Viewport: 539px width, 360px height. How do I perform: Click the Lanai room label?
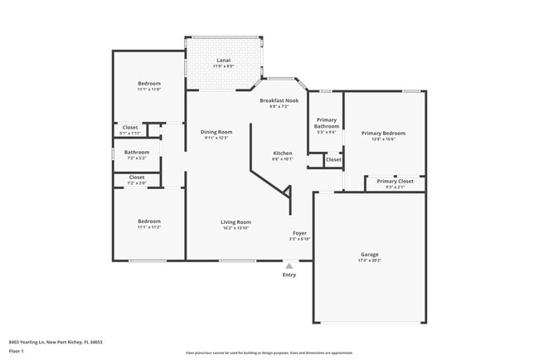point(223,61)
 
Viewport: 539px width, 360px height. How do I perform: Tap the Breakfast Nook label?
point(279,100)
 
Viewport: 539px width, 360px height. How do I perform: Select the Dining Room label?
point(216,132)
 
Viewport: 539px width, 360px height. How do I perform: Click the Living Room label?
point(236,221)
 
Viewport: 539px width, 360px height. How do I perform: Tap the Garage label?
point(369,255)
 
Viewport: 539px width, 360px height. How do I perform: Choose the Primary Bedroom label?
point(383,133)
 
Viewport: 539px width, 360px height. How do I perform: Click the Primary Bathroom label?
point(327,123)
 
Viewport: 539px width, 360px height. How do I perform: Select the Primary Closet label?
point(395,181)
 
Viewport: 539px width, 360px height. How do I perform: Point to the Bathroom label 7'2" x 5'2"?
point(137,152)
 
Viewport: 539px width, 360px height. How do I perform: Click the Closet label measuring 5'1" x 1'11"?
point(130,127)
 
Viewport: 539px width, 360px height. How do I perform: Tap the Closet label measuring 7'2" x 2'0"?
point(137,177)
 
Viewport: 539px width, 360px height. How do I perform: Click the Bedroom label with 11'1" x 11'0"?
point(149,84)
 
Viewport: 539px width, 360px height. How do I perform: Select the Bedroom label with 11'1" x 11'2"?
point(149,221)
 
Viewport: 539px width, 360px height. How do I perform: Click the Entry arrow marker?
point(289,266)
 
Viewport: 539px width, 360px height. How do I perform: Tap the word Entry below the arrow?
point(289,275)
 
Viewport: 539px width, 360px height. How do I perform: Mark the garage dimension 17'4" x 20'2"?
point(369,261)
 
